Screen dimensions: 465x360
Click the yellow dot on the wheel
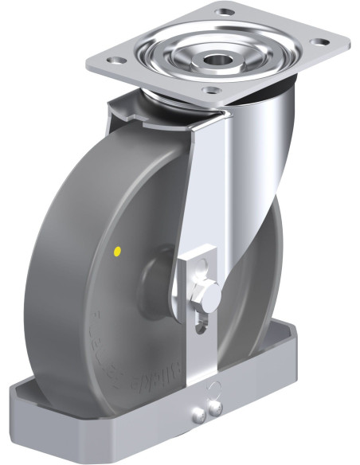[x=118, y=252]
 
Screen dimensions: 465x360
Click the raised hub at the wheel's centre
[x=155, y=279]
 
